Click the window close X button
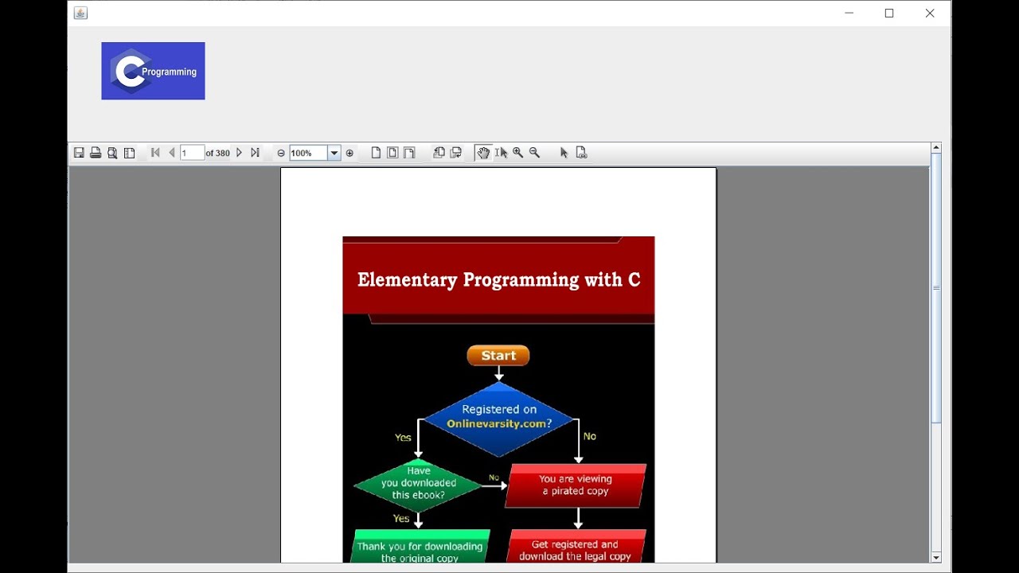[x=929, y=14]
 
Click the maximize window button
[x=889, y=14]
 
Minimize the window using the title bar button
[x=849, y=14]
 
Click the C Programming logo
[x=153, y=71]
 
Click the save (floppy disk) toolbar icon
[x=79, y=153]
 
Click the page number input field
[x=192, y=153]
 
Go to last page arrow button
[x=255, y=153]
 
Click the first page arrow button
[x=155, y=153]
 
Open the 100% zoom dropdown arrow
[x=334, y=153]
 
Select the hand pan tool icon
[x=483, y=153]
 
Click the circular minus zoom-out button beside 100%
[x=281, y=153]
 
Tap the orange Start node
[x=498, y=356]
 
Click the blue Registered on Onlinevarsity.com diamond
[x=499, y=418]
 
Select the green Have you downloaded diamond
[x=418, y=484]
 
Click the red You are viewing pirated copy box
[x=576, y=485]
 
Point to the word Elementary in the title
[x=407, y=280]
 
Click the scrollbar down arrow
[x=936, y=557]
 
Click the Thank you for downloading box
[x=420, y=549]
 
